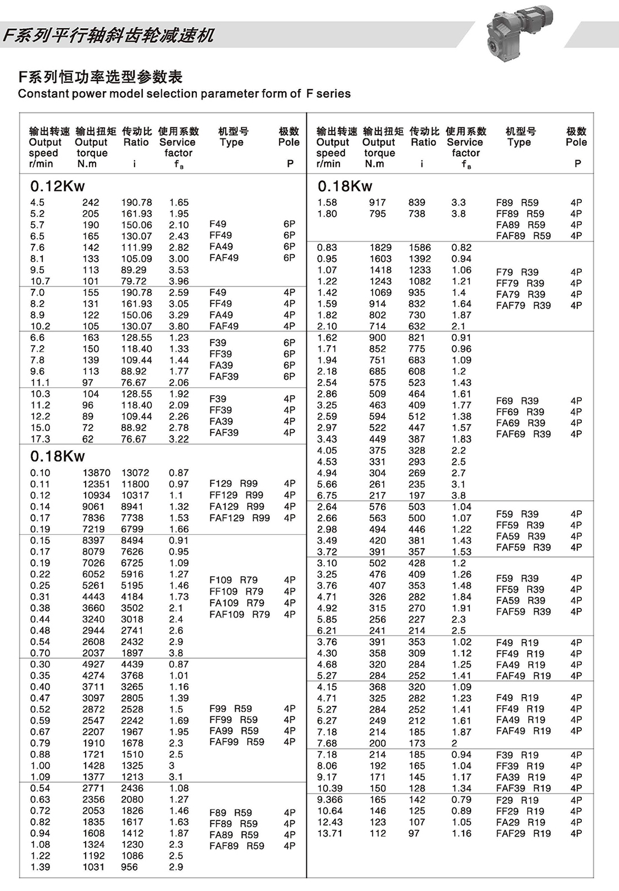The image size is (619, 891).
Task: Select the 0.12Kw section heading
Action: pyautogui.click(x=57, y=186)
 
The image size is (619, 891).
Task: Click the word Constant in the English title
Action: pyautogui.click(x=42, y=94)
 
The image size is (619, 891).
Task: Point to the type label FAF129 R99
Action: pyautogui.click(x=239, y=518)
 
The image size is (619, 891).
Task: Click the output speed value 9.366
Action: pyautogui.click(x=329, y=800)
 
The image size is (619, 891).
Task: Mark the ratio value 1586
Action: pyautogui.click(x=420, y=248)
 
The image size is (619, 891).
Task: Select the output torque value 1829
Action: pyautogui.click(x=380, y=248)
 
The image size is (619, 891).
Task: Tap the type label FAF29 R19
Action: pyautogui.click(x=523, y=834)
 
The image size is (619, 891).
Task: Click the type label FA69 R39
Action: pyautogui.click(x=520, y=423)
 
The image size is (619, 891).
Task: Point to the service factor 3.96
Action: pyautogui.click(x=178, y=281)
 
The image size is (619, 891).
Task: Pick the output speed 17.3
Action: pyautogui.click(x=40, y=439)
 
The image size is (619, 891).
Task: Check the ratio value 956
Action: pyautogui.click(x=129, y=867)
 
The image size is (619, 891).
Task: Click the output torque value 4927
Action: pyautogui.click(x=93, y=665)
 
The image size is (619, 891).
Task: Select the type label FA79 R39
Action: pyautogui.click(x=520, y=294)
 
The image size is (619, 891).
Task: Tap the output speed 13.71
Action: pyautogui.click(x=329, y=834)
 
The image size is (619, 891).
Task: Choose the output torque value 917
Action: pyautogui.click(x=377, y=203)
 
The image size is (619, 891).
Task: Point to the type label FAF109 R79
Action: pyautogui.click(x=239, y=615)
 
